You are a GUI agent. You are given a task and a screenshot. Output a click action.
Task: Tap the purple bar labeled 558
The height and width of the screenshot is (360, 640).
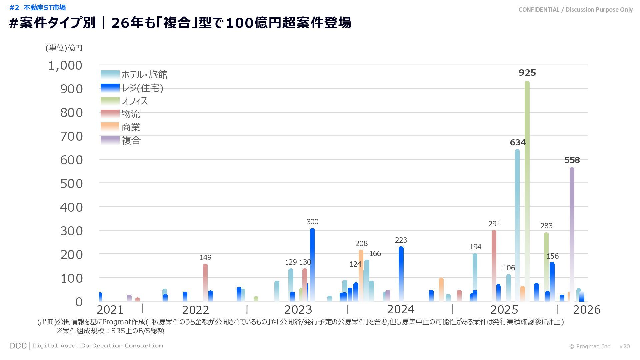click(x=572, y=233)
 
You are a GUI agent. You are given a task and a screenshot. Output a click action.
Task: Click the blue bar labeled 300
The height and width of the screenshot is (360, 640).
click(x=312, y=263)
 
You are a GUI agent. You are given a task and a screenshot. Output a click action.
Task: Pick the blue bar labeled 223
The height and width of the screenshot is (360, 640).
click(x=401, y=273)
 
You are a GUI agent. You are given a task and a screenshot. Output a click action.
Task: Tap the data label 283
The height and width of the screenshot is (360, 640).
click(x=546, y=226)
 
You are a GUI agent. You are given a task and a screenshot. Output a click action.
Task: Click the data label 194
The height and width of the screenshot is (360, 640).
click(x=475, y=247)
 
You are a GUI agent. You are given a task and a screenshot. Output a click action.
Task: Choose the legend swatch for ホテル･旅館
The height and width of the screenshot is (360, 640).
click(x=110, y=75)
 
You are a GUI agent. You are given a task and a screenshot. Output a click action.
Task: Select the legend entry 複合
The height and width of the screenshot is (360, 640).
click(x=131, y=141)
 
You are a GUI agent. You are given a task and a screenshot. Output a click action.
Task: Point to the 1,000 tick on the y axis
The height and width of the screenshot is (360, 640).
click(x=65, y=66)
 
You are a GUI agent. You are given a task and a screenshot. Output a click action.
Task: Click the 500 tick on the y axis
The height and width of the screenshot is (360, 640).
click(x=71, y=184)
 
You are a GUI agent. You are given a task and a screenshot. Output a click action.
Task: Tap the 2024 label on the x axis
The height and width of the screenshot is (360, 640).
click(x=400, y=310)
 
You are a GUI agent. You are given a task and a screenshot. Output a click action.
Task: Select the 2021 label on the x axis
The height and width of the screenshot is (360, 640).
click(x=110, y=310)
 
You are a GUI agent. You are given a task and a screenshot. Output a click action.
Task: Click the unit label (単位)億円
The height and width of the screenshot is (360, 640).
click(x=64, y=48)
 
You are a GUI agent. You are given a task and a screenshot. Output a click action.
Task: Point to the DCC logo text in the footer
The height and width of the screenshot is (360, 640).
click(x=18, y=346)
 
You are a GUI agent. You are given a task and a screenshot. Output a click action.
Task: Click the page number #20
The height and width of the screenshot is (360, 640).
click(x=624, y=347)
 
